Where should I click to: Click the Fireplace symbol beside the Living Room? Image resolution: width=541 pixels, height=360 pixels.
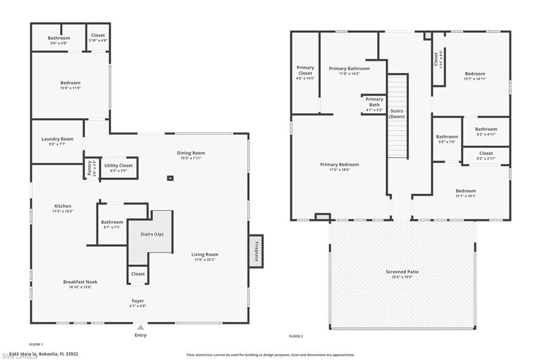pos(256,251)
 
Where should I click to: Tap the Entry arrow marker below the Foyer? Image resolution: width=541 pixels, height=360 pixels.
pos(141,328)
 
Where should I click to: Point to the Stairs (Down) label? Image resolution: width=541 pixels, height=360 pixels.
pos(397,113)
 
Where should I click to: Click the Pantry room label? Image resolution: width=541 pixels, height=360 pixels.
pos(89,168)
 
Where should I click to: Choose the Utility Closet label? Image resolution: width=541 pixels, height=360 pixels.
pos(118,165)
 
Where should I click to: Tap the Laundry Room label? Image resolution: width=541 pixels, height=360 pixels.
pos(57,139)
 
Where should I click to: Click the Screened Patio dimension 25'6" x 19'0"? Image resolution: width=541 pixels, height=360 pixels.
pos(402,277)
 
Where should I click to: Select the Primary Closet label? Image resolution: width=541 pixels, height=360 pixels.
pos(305,70)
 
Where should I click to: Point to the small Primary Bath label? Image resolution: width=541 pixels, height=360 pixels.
pos(374,102)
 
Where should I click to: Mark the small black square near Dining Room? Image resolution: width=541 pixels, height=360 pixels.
pos(170,178)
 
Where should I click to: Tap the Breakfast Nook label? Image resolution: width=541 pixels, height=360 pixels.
pos(80,282)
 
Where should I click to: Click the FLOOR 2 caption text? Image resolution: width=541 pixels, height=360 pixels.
pos(296,336)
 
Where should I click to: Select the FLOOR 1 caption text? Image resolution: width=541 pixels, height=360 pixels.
pos(36,344)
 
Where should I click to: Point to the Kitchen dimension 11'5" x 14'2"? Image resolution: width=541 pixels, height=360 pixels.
pos(62,211)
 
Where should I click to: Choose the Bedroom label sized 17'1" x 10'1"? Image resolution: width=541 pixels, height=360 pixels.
pos(465,191)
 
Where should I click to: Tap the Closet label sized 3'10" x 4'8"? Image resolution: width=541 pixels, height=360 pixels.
pos(98,35)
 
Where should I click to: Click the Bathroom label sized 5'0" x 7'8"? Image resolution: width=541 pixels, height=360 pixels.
pos(446,137)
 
